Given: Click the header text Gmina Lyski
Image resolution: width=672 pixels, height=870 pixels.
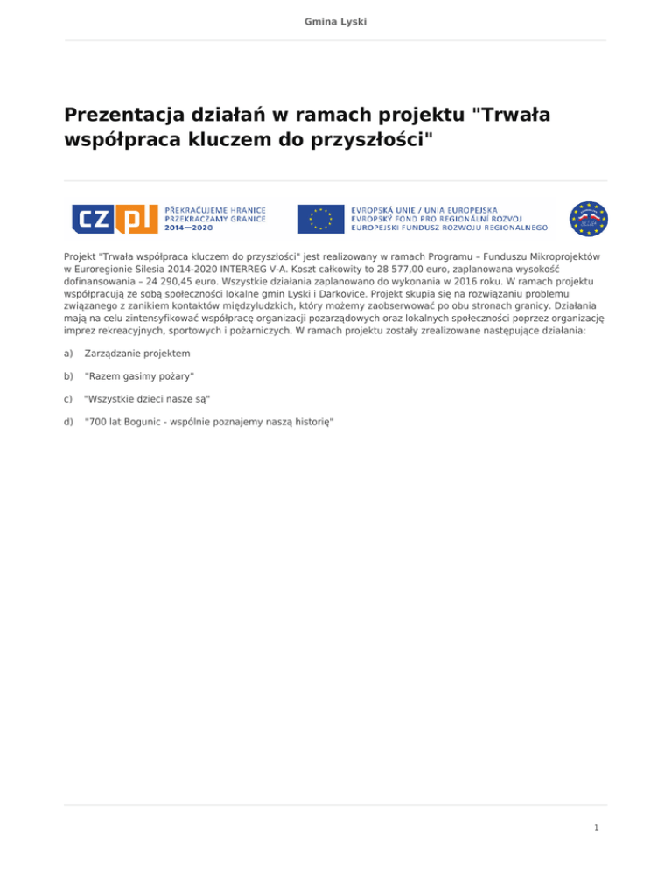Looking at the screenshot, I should point(336,18).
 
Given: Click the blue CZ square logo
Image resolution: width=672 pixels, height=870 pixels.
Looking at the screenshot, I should point(92,218).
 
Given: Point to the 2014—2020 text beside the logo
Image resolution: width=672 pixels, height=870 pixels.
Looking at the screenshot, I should point(189,228).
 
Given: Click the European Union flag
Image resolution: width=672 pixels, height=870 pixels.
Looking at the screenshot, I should point(320,218).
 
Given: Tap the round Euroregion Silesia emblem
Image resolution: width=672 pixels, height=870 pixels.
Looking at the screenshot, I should point(588,218).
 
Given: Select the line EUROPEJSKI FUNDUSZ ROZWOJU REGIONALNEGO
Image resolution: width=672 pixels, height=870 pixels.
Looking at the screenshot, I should point(450,227).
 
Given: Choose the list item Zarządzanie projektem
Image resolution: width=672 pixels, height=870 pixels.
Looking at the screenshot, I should point(136,353).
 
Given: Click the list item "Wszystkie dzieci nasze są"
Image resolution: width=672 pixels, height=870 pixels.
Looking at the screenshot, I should point(147,398).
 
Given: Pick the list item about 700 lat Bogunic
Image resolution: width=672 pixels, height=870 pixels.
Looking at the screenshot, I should point(208,421).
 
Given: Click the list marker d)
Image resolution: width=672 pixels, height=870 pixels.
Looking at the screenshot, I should point(69,421).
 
